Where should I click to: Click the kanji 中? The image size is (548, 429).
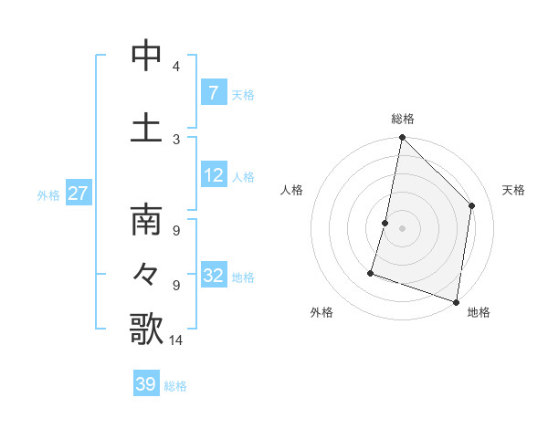pos(146,56)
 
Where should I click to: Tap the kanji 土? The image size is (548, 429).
pos(146,127)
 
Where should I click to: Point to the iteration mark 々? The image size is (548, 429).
pos(146,274)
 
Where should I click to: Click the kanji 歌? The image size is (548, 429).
pos(146,329)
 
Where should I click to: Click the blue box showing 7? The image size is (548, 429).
pos(213,92)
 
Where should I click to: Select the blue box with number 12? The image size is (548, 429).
pos(213,175)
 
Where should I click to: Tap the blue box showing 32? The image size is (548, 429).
pos(213,276)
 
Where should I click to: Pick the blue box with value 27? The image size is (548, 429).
pos(79,194)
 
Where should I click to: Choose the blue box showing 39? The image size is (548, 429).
pos(146,384)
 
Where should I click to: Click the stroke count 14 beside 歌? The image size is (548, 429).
pos(178,340)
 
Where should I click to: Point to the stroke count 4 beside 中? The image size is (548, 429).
pos(175,67)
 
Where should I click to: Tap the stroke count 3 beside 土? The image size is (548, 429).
pos(175,139)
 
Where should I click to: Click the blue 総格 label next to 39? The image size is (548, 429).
pos(176,386)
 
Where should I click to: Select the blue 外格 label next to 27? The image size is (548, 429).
pos(48,194)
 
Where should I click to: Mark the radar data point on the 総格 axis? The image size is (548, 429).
pos(402,137)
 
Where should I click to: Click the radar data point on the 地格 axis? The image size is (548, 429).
pos(456,301)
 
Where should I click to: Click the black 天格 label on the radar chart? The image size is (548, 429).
pos(513,190)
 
